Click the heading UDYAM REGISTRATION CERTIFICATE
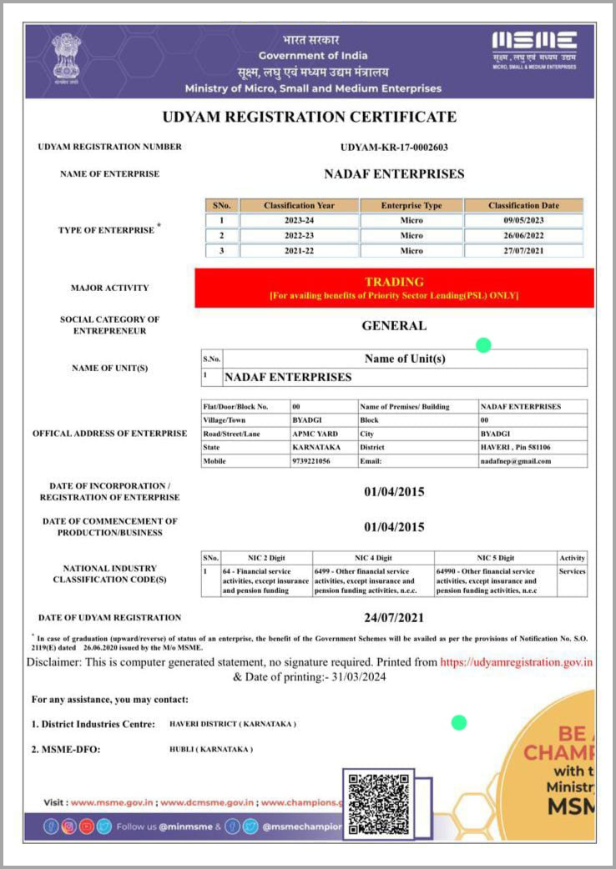coord(309,117)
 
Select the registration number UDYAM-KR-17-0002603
coord(394,147)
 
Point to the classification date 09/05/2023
coord(523,220)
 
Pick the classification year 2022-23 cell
coord(299,235)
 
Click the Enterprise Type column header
coord(412,205)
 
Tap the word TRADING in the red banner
coord(394,282)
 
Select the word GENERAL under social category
coord(394,325)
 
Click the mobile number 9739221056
coord(311,460)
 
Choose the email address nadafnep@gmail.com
coord(515,460)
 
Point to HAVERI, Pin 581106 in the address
coord(515,447)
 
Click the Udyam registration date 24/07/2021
coord(394,618)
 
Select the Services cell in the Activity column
coord(572,571)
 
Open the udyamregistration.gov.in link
coord(516,662)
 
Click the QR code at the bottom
coord(378,804)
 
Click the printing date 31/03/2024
coord(356,677)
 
